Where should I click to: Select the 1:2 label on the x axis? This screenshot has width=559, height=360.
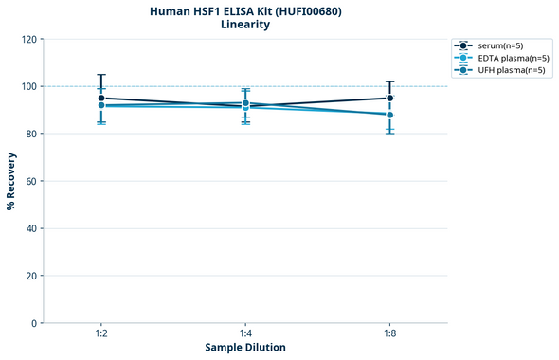click(x=101, y=334)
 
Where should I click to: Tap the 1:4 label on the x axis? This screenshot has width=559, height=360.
click(x=245, y=334)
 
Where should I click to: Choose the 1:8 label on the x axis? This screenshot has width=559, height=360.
click(x=389, y=334)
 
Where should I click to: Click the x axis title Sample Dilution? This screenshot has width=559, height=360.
click(x=245, y=348)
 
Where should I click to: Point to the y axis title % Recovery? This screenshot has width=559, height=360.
click(x=11, y=181)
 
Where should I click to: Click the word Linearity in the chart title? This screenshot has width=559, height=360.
click(x=245, y=25)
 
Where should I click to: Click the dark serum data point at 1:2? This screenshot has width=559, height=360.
click(x=101, y=98)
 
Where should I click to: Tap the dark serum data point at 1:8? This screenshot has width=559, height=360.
click(x=389, y=98)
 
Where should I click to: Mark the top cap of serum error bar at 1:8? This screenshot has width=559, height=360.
click(x=389, y=81)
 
